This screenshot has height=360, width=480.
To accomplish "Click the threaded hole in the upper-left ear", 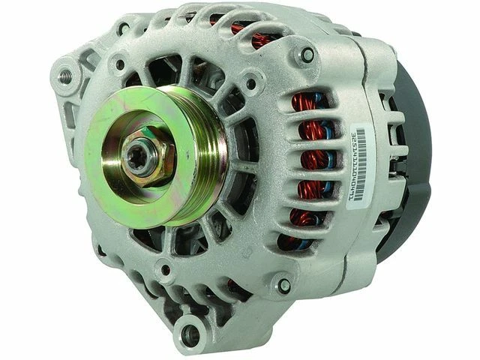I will [x=68, y=76].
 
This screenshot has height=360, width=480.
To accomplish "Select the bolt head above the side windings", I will [x=307, y=55].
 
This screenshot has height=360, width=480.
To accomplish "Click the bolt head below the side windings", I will [x=284, y=286].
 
